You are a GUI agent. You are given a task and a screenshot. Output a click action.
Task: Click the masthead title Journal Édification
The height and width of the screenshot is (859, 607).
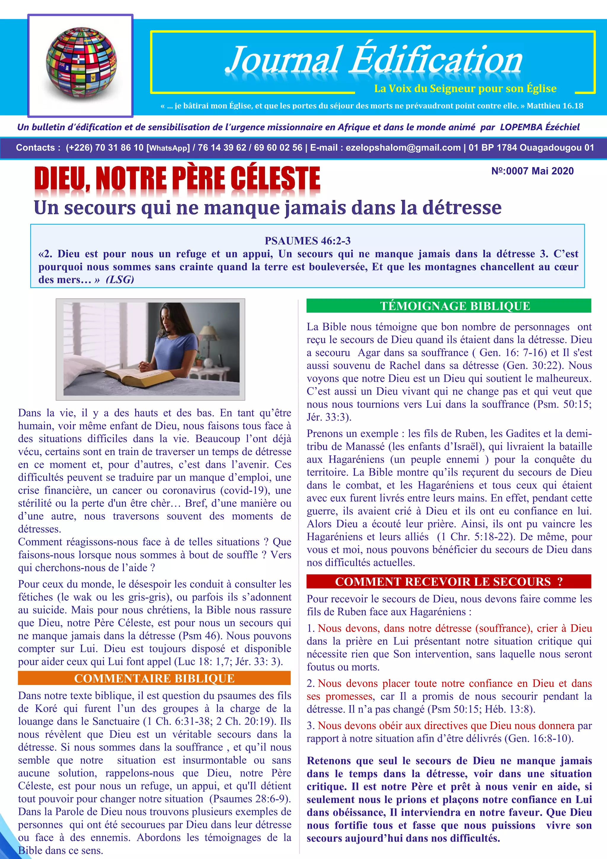374,60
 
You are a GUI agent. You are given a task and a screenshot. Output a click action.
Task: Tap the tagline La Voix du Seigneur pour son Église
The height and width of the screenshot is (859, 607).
465,89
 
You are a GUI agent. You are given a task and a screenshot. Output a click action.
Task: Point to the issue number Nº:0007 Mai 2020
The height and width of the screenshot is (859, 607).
532,171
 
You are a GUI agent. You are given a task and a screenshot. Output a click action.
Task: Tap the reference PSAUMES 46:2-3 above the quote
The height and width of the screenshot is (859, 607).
307,241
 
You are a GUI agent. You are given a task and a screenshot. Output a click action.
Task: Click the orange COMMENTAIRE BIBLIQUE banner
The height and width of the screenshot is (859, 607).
154,678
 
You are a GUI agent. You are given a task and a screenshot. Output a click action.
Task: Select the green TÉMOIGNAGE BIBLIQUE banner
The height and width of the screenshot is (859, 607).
448,306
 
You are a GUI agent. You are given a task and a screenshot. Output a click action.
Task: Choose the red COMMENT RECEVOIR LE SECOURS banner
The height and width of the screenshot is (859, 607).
448,581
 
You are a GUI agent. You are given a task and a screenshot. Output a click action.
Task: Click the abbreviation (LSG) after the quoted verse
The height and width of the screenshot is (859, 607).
120,280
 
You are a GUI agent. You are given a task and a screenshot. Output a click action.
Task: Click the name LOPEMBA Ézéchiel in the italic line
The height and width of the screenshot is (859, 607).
540,127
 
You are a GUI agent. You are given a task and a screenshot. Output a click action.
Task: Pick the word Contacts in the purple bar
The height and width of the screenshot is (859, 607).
36,147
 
